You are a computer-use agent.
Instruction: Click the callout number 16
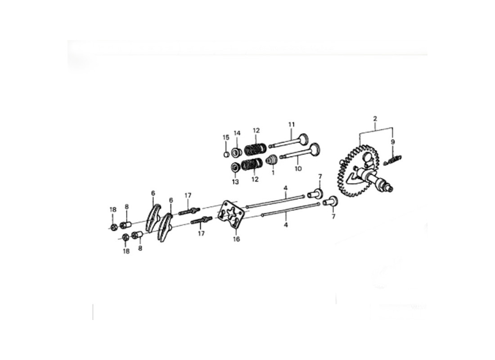(236, 239)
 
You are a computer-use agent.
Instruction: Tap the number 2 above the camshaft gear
(375, 119)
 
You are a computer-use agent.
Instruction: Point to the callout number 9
(393, 142)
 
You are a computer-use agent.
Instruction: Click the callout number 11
(291, 124)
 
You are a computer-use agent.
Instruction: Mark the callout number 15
(226, 137)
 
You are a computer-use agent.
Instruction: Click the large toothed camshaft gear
(355, 171)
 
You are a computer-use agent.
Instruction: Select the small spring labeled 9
(395, 158)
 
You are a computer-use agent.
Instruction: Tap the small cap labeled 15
(227, 155)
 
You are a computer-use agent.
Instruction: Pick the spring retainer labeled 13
(235, 167)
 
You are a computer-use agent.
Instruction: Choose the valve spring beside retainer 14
(255, 148)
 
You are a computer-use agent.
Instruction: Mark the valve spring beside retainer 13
(252, 165)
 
